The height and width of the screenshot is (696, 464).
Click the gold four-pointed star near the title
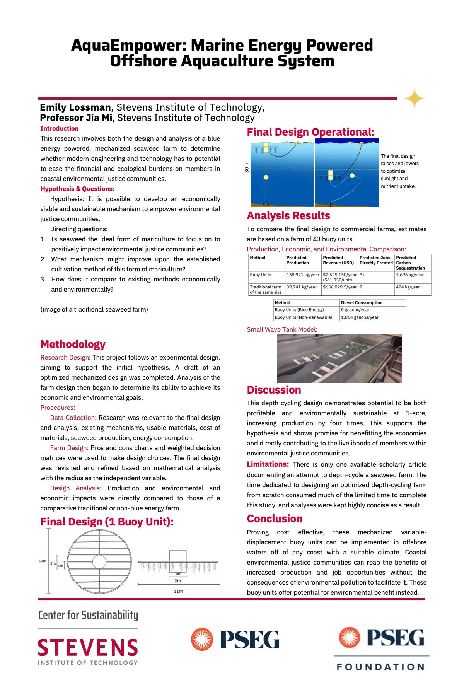pos(414,98)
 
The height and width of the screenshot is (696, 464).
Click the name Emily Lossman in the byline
pos(75,107)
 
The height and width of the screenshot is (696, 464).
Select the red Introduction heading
pos(59,128)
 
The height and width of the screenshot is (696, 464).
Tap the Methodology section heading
pos(73,344)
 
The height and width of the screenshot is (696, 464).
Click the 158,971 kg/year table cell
pos(302,275)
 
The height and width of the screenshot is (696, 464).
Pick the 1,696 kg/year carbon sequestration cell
pos(409,275)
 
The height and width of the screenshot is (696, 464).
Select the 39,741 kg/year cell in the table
pos(301,287)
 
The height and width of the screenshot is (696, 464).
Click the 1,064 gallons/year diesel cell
pos(360,317)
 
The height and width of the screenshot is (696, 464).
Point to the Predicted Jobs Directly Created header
pos(375,260)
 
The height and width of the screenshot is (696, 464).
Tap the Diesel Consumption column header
pos(362,303)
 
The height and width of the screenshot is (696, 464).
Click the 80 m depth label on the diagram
pos(247,167)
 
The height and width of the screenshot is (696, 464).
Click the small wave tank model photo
pos(339,358)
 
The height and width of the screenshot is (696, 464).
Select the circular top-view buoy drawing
pos(99,561)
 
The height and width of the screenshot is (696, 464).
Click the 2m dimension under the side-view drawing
pos(178,580)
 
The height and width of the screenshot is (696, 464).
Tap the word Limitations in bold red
pos(268,464)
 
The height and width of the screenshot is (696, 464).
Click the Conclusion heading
pos(275,519)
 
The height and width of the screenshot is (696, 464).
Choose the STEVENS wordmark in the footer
pos(88,647)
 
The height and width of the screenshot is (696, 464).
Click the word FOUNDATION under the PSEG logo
pos(380,667)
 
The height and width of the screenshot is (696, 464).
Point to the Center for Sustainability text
pos(88,615)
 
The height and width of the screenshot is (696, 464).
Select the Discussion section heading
pos(274,390)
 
